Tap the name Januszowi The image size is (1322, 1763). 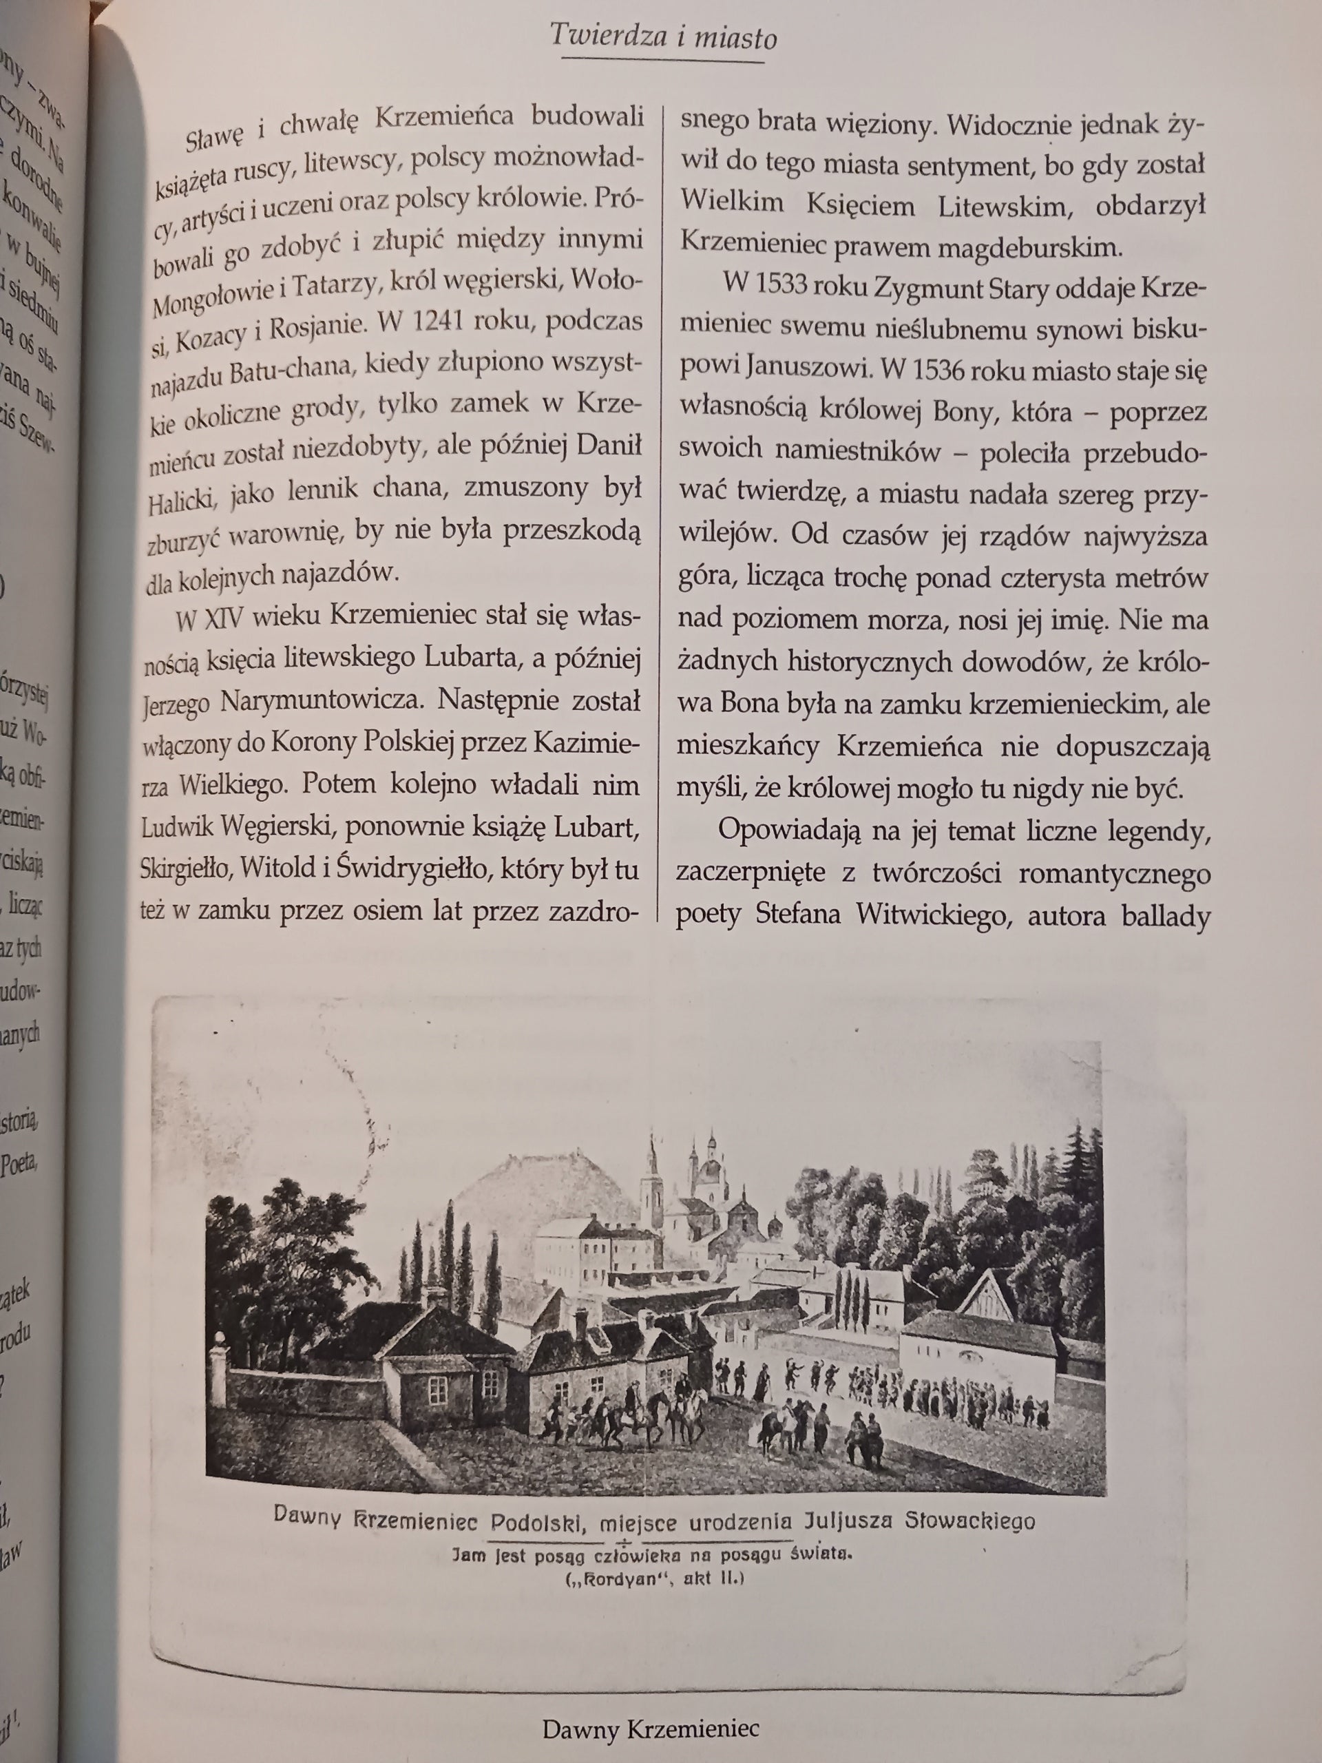(x=806, y=370)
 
